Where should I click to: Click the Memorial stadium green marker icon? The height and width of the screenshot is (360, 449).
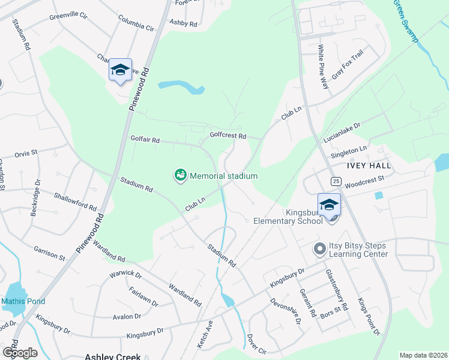coord(180,176)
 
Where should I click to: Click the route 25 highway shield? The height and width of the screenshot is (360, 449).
coord(336,181)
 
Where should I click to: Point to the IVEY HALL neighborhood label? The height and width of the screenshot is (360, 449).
coord(369,166)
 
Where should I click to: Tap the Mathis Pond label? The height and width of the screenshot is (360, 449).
coord(23,301)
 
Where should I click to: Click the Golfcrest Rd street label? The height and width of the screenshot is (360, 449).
coord(228,136)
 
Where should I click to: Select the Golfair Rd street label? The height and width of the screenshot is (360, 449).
coord(145,140)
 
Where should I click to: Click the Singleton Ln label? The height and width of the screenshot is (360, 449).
coord(349,152)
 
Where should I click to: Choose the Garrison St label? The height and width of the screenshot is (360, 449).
coord(49,253)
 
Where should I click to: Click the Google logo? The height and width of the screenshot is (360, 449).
coord(20,352)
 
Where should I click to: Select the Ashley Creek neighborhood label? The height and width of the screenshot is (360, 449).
coord(112,356)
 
